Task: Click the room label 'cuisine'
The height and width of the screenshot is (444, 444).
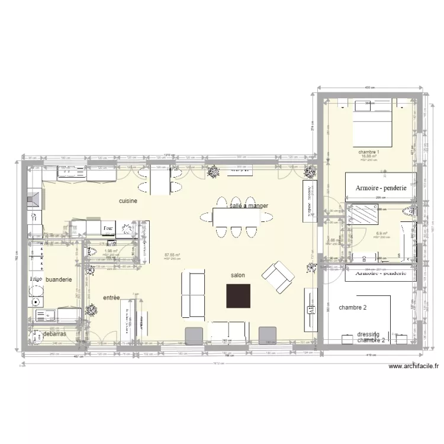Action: (x=128, y=201)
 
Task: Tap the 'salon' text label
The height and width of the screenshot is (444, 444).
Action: (x=239, y=275)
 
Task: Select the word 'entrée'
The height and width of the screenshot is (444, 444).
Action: (x=111, y=298)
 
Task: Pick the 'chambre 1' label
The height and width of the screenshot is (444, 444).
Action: (x=368, y=152)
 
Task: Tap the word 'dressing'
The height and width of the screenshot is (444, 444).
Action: (x=368, y=334)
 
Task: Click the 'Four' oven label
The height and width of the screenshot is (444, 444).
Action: (x=108, y=227)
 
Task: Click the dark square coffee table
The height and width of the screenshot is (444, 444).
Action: (x=239, y=295)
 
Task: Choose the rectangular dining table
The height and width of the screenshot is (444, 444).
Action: (x=236, y=218)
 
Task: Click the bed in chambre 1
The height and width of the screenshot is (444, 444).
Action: (x=373, y=124)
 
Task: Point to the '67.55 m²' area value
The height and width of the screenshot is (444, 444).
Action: (x=172, y=256)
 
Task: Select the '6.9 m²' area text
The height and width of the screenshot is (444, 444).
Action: (x=381, y=234)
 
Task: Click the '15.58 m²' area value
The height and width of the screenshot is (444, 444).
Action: (x=368, y=156)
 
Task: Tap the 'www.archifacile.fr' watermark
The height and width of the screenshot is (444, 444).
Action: (x=414, y=366)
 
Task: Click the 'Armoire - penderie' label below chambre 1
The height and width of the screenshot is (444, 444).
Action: (x=381, y=188)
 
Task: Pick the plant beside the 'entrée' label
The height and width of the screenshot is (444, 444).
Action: (x=91, y=309)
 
